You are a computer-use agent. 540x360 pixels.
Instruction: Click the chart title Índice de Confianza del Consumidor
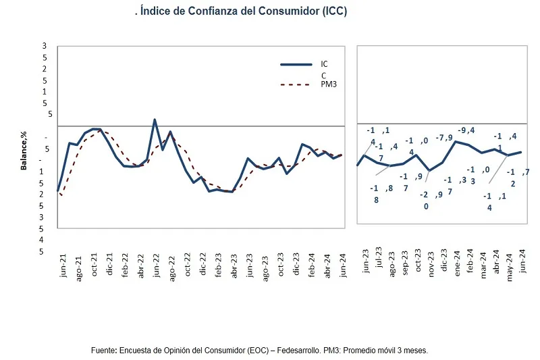coord(240,11)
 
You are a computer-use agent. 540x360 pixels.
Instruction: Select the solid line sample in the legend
coord(295,65)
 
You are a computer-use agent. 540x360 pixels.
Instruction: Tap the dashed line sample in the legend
coord(295,84)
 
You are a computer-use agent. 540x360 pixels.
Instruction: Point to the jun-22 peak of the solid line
coord(155,120)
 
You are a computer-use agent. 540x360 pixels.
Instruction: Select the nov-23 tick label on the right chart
coord(430,259)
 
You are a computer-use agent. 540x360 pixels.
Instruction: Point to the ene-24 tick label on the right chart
coord(456,259)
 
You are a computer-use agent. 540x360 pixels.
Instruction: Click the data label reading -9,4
coord(467,130)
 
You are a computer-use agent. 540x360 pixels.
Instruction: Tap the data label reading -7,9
coord(444,138)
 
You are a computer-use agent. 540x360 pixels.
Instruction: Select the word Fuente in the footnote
coord(104,351)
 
